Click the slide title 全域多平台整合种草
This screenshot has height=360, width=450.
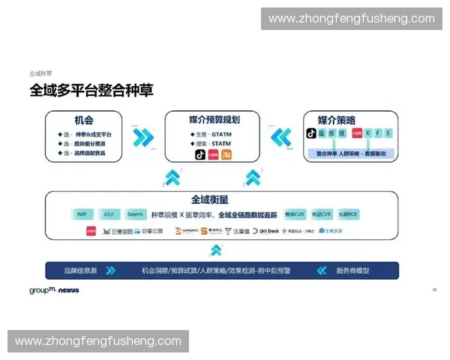coord(91,90)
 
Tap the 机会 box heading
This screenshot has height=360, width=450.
coord(83,121)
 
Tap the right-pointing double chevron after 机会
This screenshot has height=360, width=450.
coord(143,137)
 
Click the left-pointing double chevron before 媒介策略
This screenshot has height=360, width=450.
coord(280,137)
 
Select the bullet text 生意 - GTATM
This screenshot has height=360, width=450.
coord(211,133)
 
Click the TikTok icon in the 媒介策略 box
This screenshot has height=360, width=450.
coord(310,133)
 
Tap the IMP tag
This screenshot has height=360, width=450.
coord(82,214)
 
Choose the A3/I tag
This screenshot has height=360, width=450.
coord(108,214)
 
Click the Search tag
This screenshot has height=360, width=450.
coord(134,214)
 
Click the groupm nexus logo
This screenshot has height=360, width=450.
coord(54,290)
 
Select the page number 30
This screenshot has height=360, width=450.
coord(434,289)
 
